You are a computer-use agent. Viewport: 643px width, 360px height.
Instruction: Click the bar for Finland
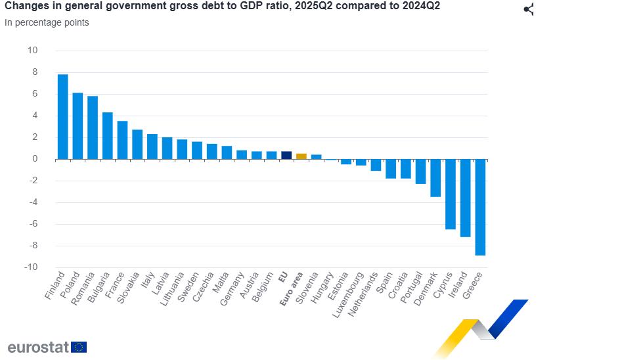[x=63, y=116]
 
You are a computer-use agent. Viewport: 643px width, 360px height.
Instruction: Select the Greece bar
[x=480, y=207]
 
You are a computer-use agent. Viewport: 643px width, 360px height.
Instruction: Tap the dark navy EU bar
[x=286, y=155]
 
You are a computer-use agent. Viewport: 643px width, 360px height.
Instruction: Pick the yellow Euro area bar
[x=301, y=156]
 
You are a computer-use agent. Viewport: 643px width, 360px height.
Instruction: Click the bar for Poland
[x=78, y=125]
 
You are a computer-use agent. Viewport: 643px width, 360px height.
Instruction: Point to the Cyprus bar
[x=451, y=194]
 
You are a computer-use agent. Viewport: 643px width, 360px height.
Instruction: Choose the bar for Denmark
[x=435, y=177]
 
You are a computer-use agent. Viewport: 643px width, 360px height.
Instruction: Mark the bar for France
[x=122, y=140]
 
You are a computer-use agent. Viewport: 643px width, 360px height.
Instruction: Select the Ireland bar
[x=466, y=198]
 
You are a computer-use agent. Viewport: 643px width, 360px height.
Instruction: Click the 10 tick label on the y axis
[x=32, y=51]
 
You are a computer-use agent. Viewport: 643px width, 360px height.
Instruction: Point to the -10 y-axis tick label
[x=30, y=267]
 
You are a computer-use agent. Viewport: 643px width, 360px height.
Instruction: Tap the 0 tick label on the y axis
[x=35, y=159]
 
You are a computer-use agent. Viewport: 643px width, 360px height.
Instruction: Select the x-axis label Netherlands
[x=363, y=294]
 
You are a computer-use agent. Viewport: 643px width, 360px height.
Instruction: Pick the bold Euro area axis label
[x=290, y=289]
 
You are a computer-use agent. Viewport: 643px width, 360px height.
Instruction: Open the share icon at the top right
[x=529, y=9]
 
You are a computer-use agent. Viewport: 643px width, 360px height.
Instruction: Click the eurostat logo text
[x=38, y=348]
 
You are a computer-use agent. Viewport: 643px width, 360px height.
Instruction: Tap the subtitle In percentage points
[x=47, y=22]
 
